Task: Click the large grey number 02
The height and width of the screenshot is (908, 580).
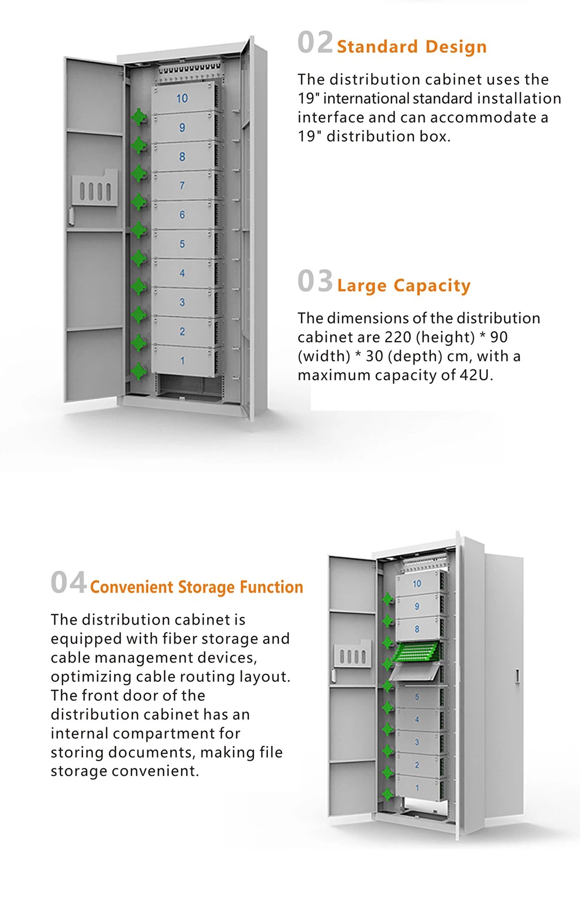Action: pyautogui.click(x=315, y=43)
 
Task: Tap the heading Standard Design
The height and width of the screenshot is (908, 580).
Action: pyautogui.click(x=411, y=46)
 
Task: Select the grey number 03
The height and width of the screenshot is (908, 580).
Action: pyautogui.click(x=315, y=282)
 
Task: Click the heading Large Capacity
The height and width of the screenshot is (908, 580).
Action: pyautogui.click(x=403, y=285)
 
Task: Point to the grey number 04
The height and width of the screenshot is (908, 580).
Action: pyautogui.click(x=68, y=583)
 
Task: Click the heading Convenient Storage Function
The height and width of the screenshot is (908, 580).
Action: pyautogui.click(x=196, y=587)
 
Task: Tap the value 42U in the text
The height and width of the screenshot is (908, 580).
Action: pyautogui.click(x=475, y=375)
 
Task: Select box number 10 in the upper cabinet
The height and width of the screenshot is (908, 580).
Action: pyautogui.click(x=183, y=99)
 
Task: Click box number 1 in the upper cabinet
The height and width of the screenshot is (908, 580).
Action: pyautogui.click(x=183, y=361)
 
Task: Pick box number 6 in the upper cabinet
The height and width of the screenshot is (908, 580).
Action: pyautogui.click(x=183, y=215)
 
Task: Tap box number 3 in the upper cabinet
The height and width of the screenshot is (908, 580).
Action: pyautogui.click(x=183, y=302)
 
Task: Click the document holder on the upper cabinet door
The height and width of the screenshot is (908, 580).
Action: pyautogui.click(x=95, y=188)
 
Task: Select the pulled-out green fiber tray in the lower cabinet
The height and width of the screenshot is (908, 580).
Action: pyautogui.click(x=416, y=652)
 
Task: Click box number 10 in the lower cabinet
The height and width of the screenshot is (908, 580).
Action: pyautogui.click(x=417, y=584)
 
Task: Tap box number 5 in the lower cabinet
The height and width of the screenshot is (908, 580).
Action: pyautogui.click(x=417, y=696)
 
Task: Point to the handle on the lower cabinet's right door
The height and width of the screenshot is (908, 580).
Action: pyautogui.click(x=517, y=676)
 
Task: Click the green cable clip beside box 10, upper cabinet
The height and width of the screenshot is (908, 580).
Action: pyautogui.click(x=139, y=117)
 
